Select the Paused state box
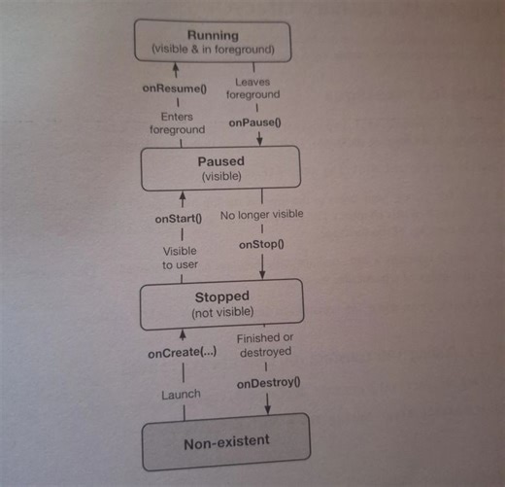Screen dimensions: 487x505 tap(222, 168)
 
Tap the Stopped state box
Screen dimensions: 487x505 tap(223, 303)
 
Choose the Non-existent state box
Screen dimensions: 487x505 tap(227, 442)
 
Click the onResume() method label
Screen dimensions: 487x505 tap(176, 89)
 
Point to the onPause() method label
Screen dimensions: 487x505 tap(254, 123)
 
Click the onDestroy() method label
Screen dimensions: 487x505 tap(269, 383)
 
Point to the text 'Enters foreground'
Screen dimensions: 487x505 tap(177, 122)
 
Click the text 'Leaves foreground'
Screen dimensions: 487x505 tap(253, 88)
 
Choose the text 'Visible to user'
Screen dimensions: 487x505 tap(181, 257)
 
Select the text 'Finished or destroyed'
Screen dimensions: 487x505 tap(264, 344)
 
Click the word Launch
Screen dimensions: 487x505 tap(182, 394)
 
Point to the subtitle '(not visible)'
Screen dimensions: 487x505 tap(223, 312)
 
